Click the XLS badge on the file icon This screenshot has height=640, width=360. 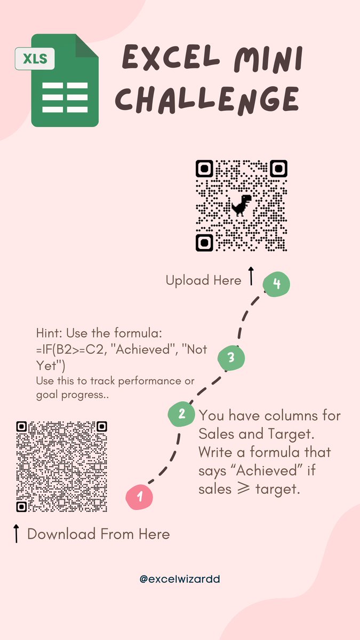coord(35,59)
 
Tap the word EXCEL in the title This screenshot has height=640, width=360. coord(171,57)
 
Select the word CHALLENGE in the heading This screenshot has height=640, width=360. coord(207,100)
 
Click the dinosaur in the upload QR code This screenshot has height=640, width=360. coord(241,205)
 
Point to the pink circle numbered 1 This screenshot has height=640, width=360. coord(139,497)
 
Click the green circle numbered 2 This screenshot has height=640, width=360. coord(181,414)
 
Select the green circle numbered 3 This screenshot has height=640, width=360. coord(231,358)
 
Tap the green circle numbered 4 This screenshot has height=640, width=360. coord(276,284)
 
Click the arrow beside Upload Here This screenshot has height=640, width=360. coord(251,276)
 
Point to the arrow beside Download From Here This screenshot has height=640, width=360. coord(17,533)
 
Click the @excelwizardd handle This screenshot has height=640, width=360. coord(180,579)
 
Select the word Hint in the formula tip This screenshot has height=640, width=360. coord(49,333)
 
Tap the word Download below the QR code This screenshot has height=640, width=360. coord(61,534)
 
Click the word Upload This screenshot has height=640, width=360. coord(187,281)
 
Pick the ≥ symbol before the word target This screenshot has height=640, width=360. coord(243,489)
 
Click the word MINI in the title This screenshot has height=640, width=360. coord(268,59)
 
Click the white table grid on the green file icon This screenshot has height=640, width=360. coord(65,98)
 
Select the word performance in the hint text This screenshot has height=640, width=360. coord(149,382)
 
